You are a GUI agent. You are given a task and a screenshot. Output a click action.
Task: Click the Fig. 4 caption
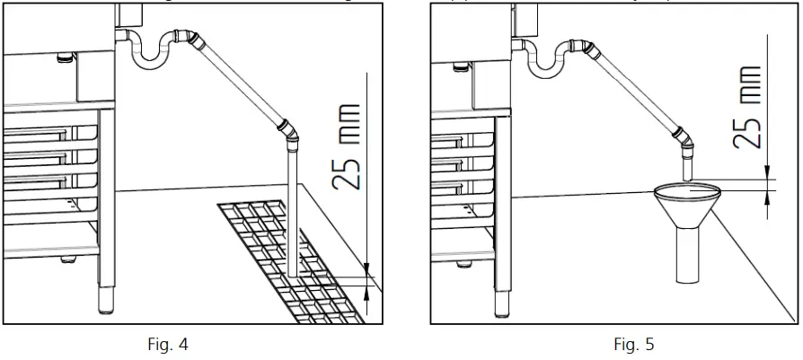coord(169,345)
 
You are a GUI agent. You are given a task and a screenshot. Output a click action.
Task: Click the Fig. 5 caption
coord(634,345)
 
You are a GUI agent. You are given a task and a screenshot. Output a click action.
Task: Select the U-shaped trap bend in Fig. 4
coord(152,59)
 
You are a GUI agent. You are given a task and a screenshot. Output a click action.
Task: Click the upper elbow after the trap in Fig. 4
coord(186,37)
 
